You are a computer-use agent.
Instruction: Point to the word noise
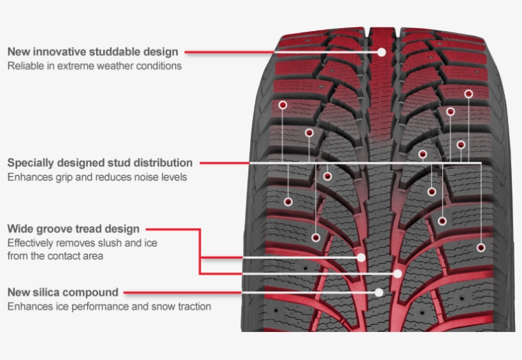[134, 176]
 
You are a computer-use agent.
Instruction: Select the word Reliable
[24, 66]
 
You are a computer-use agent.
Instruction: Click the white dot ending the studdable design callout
[382, 52]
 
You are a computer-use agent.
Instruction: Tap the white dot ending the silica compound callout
[379, 292]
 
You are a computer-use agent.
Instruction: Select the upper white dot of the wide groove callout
[362, 257]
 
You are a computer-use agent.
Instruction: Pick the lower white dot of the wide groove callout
[398, 273]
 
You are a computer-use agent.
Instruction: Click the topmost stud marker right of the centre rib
[469, 94]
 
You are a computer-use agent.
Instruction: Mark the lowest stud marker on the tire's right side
[481, 247]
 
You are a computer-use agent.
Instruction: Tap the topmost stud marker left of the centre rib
[283, 104]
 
